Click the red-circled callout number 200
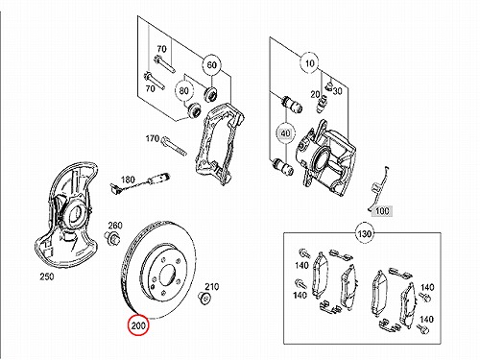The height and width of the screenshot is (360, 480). click(138, 325)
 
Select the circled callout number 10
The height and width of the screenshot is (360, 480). click(310, 63)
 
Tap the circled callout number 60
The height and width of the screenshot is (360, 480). click(211, 65)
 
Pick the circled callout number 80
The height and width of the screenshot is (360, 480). click(183, 91)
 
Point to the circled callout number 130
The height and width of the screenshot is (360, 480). click(365, 234)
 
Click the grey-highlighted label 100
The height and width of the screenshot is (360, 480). click(382, 211)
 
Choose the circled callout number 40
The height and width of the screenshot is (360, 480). click(286, 132)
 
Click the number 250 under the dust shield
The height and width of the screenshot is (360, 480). click(47, 276)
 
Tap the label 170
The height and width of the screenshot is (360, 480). click(153, 138)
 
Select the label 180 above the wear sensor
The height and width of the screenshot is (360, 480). click(128, 180)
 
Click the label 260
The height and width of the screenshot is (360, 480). click(115, 226)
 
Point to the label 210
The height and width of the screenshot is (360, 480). click(211, 286)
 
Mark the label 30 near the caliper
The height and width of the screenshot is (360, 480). click(337, 91)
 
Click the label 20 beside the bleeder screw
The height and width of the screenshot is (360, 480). click(315, 94)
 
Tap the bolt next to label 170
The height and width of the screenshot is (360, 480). click(175, 146)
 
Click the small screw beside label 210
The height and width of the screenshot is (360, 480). click(204, 298)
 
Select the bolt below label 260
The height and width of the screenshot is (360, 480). click(112, 238)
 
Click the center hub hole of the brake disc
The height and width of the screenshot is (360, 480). click(167, 276)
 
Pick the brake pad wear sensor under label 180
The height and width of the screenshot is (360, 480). click(140, 183)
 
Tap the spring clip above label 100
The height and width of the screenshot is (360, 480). click(377, 189)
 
